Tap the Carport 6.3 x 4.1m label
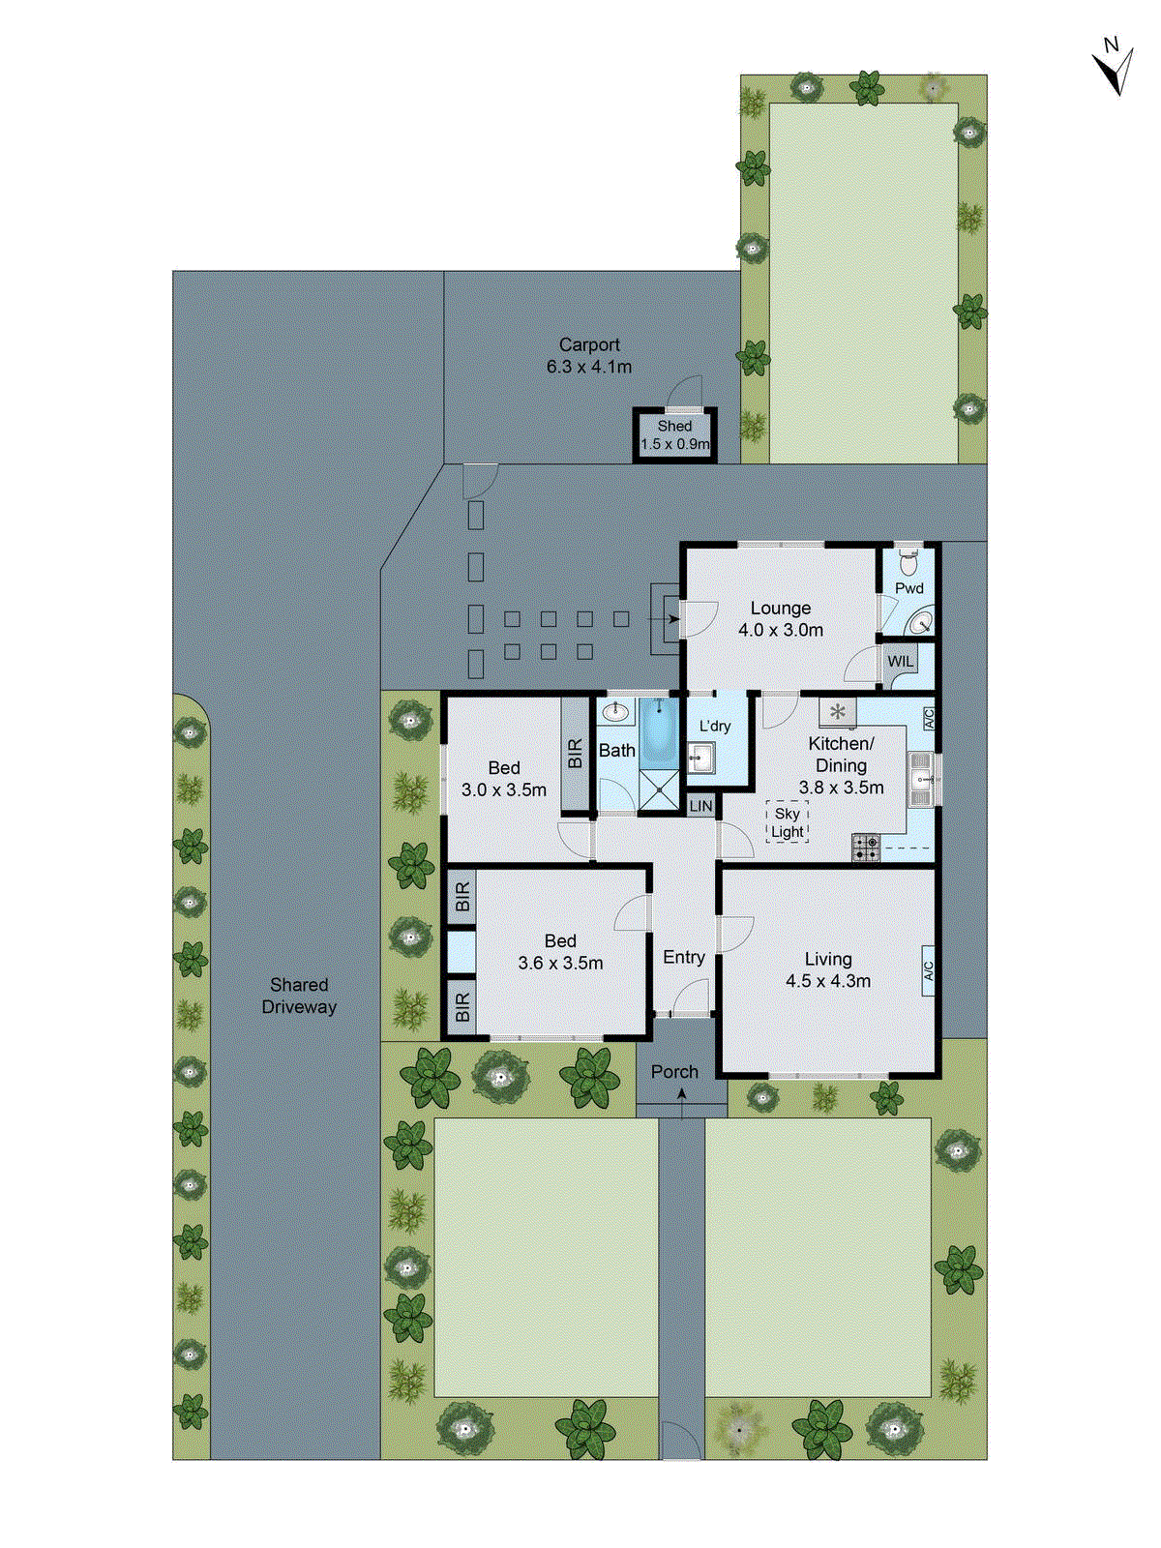[x=589, y=355]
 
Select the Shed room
[x=674, y=435]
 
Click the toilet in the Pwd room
[x=908, y=560]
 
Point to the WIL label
[x=900, y=662]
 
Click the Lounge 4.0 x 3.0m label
[x=781, y=619]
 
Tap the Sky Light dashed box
[x=787, y=822]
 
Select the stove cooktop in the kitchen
[x=866, y=848]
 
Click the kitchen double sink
[x=922, y=778]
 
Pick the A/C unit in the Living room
[x=928, y=969]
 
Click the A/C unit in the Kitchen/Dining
[x=928, y=718]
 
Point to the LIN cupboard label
[x=700, y=806]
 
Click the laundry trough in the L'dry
[x=700, y=759]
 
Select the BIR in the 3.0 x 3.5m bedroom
[x=576, y=754]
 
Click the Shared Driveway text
[x=299, y=996]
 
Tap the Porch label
[x=674, y=1072]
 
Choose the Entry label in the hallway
[x=684, y=957]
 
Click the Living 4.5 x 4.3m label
[x=828, y=969]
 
